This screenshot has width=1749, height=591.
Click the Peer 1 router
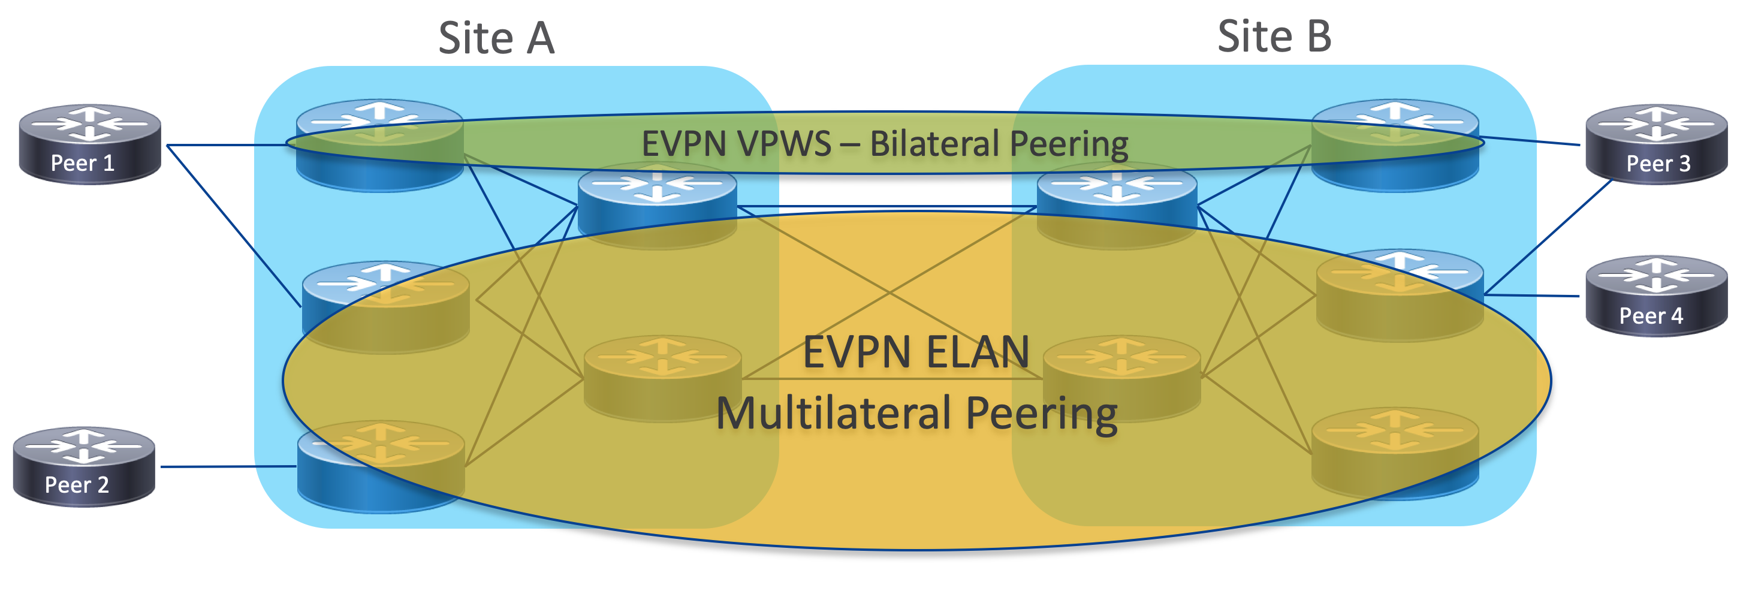pyautogui.click(x=90, y=144)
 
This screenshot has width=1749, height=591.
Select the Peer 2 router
pyautogui.click(x=84, y=467)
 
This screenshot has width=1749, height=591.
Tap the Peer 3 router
pyautogui.click(x=1656, y=144)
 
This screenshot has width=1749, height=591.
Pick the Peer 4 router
pyautogui.click(x=1656, y=296)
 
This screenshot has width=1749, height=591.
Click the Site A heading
pyautogui.click(x=496, y=38)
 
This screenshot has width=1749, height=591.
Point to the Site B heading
pyautogui.click(x=1274, y=36)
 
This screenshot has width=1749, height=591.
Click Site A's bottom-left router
pyautogui.click(x=381, y=468)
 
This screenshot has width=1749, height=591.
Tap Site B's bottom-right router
pyautogui.click(x=1395, y=454)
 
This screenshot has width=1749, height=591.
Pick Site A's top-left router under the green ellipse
pyautogui.click(x=380, y=146)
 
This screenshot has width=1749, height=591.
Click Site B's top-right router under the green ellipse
pyautogui.click(x=1395, y=146)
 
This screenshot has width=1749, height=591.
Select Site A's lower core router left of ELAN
pyautogui.click(x=662, y=378)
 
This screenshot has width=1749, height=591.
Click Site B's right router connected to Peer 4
pyautogui.click(x=1400, y=295)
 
